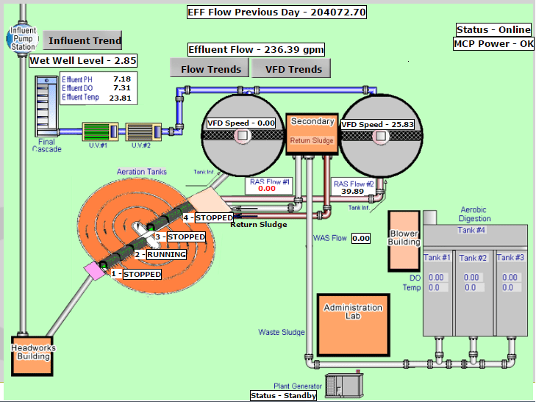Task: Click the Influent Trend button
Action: (82, 40)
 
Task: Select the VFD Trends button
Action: (290, 69)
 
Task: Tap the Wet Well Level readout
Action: (83, 60)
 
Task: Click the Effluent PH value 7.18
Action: (122, 79)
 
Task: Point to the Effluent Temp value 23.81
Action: (121, 98)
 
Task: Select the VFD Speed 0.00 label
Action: (241, 123)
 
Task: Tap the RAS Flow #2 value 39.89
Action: (353, 192)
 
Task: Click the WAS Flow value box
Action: (361, 239)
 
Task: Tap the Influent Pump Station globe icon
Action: (22, 37)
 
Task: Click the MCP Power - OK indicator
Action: (494, 43)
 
